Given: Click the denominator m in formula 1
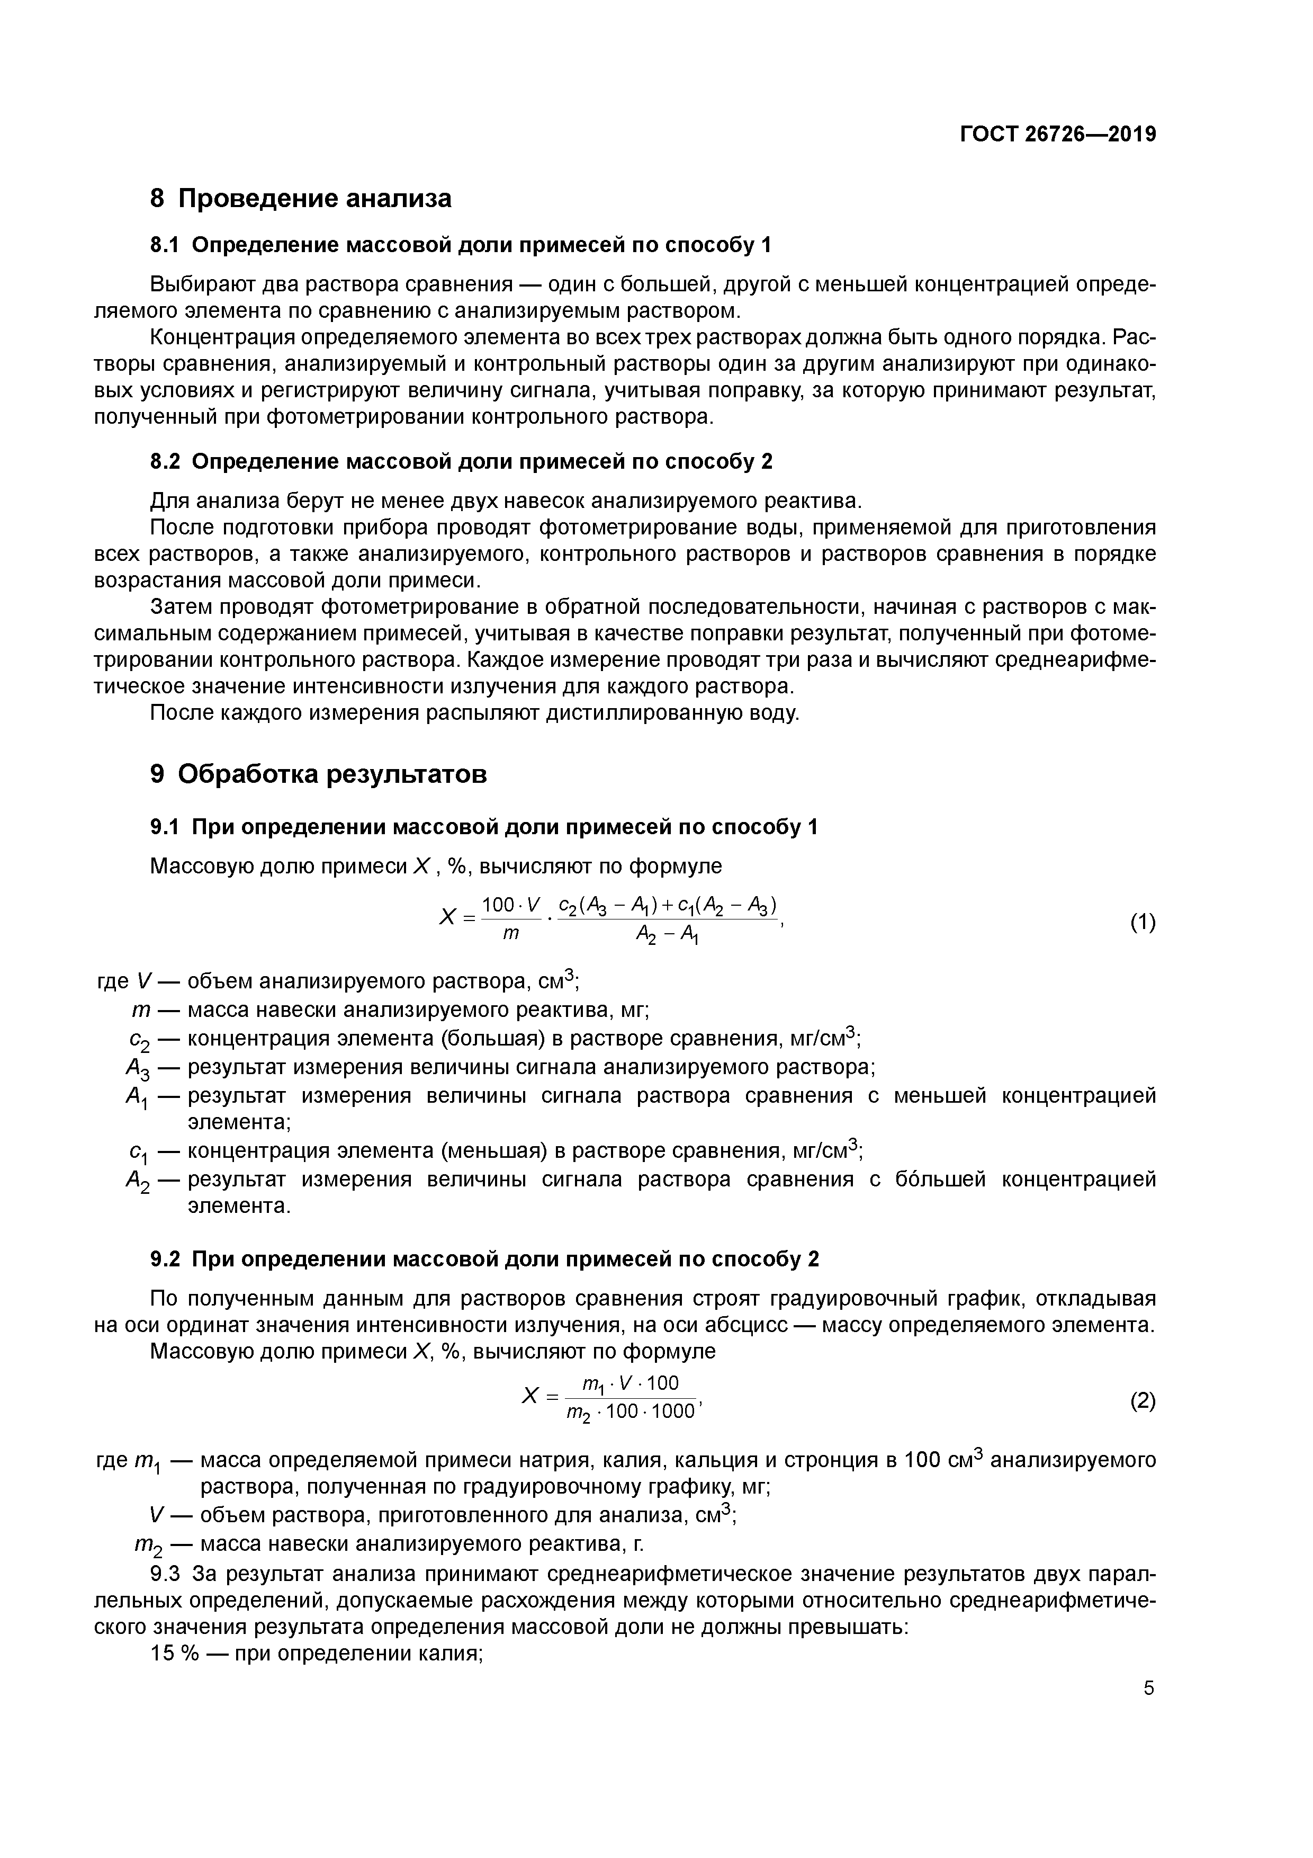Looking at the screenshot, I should click(510, 934).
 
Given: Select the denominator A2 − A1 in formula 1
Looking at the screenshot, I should click(668, 935).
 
